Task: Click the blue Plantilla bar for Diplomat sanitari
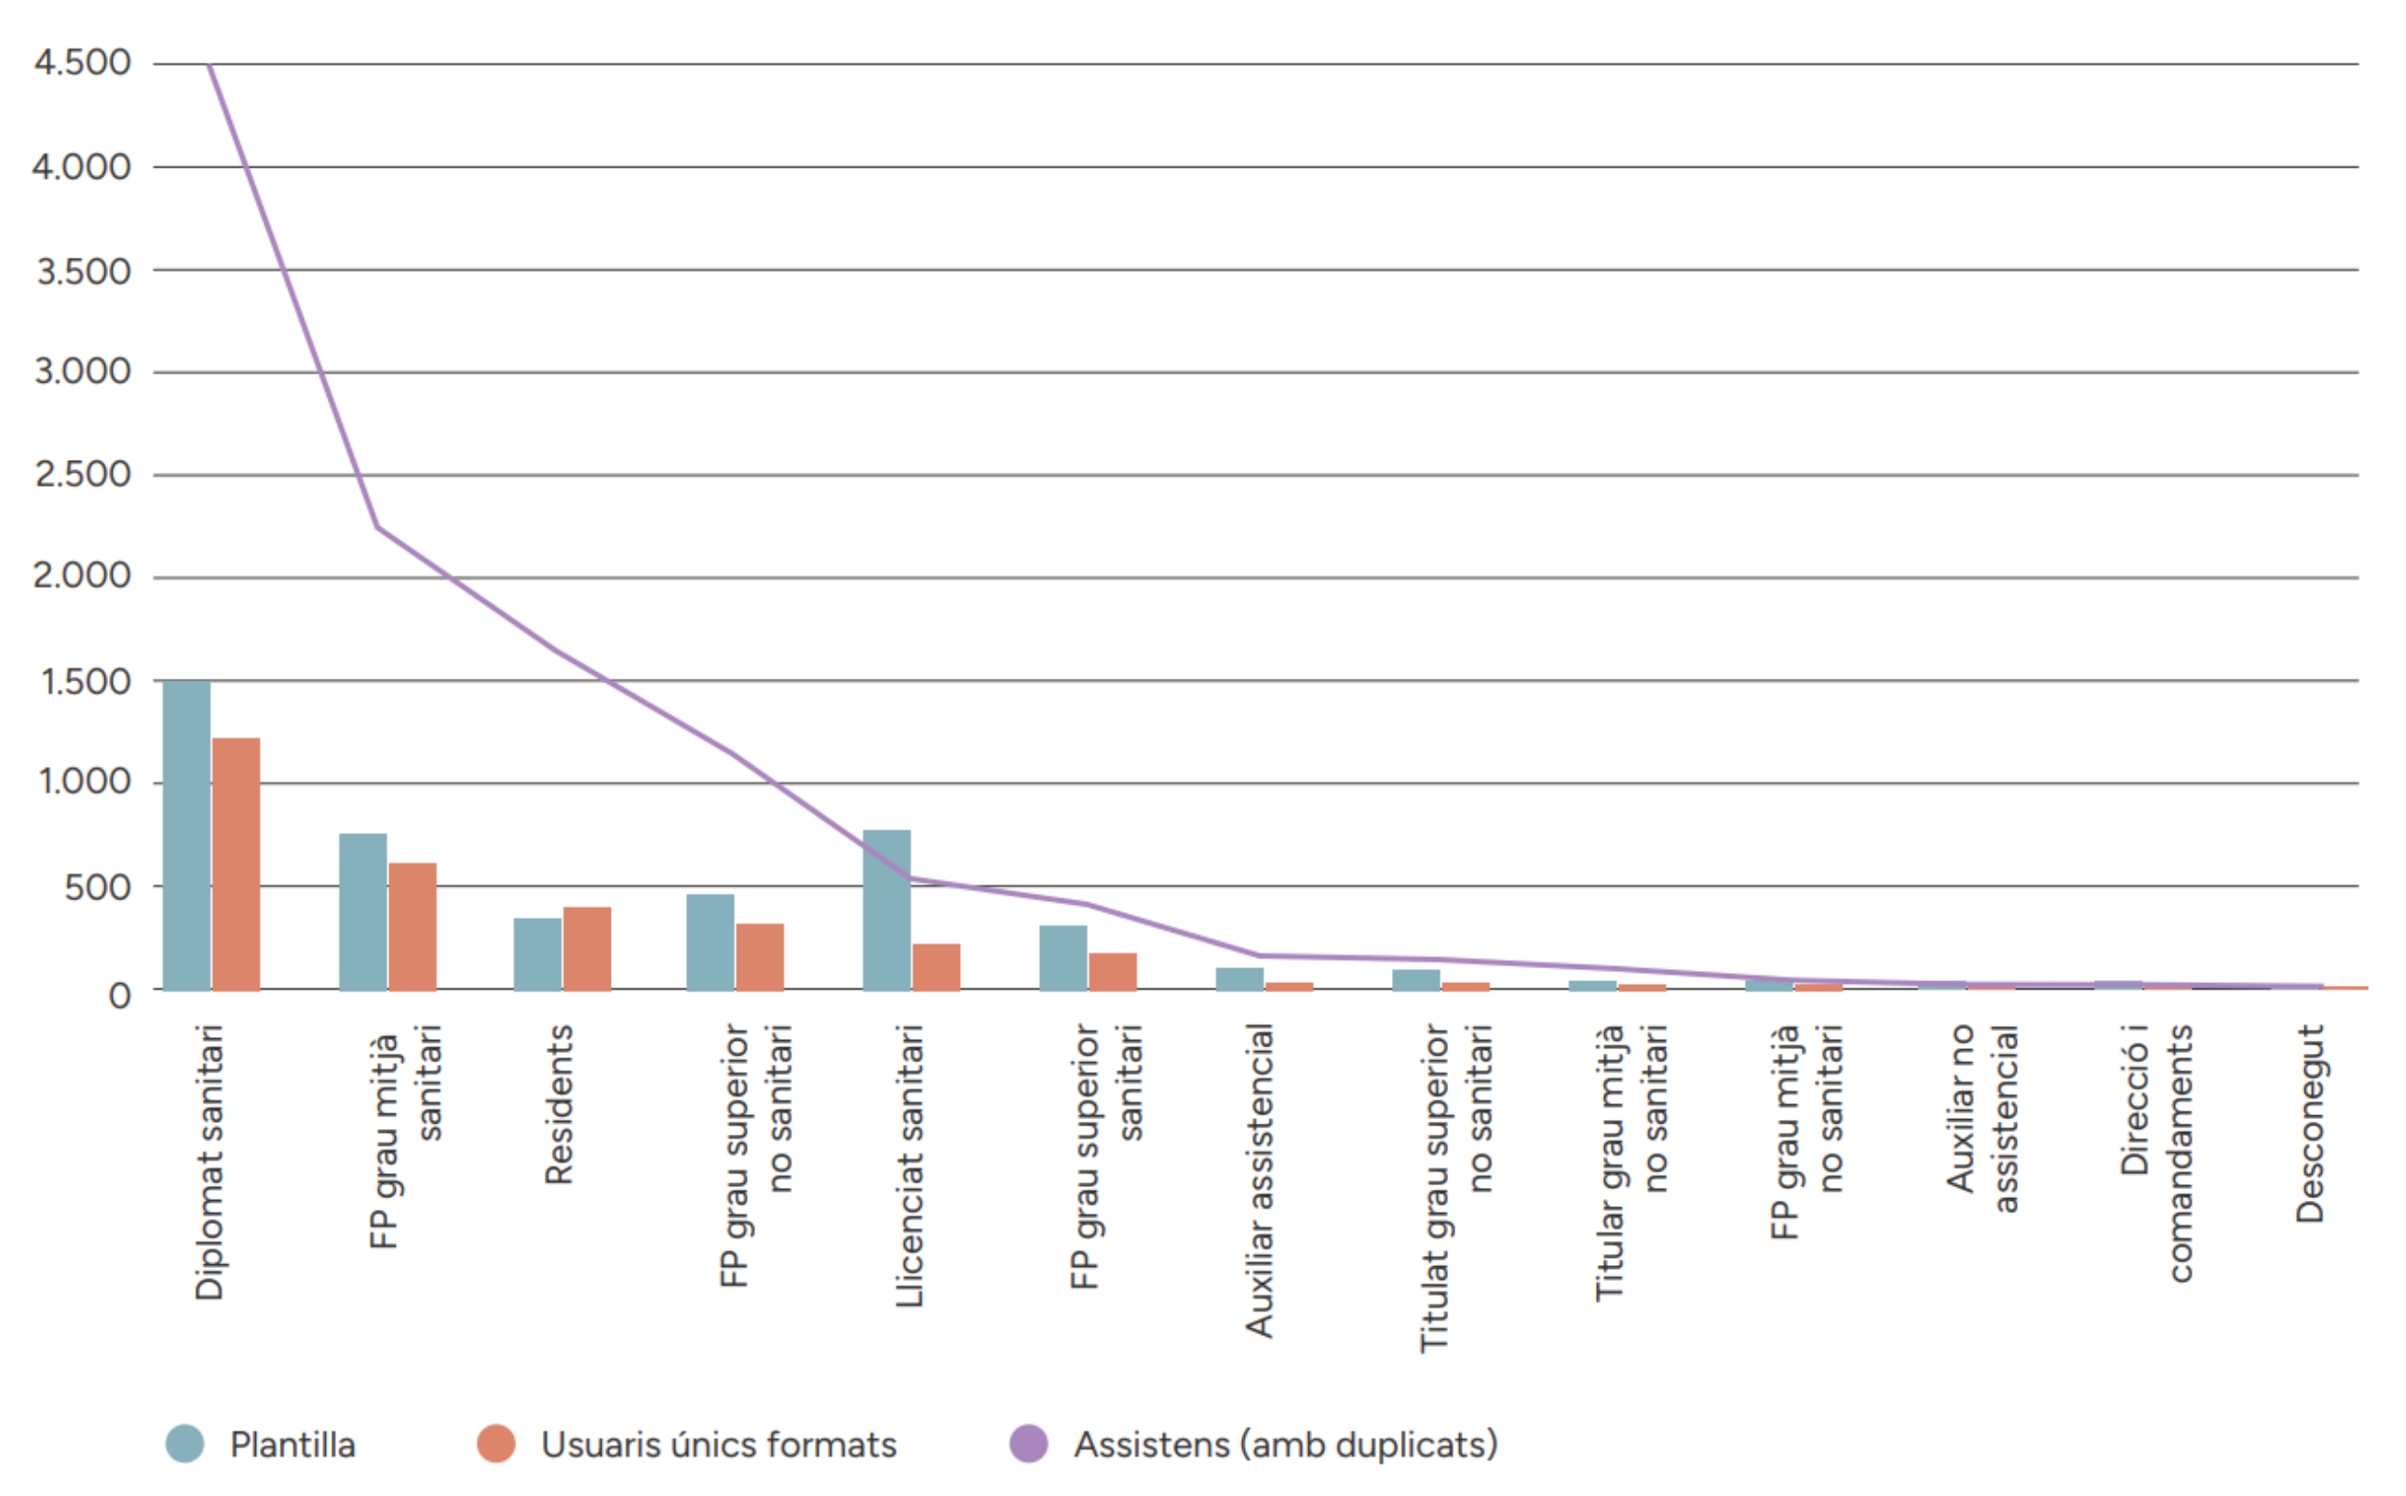pyautogui.click(x=187, y=836)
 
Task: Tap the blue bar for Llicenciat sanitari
pyautogui.click(x=886, y=910)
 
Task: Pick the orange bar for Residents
pyautogui.click(x=587, y=949)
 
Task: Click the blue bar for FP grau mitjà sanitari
pyautogui.click(x=363, y=912)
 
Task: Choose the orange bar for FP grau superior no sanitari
pyautogui.click(x=760, y=957)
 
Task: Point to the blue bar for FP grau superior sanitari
pyautogui.click(x=1062, y=958)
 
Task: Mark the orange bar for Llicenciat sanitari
pyautogui.click(x=936, y=966)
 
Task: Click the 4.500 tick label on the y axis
pyautogui.click(x=82, y=62)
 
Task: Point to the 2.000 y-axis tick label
pyautogui.click(x=82, y=576)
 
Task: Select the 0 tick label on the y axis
pyautogui.click(x=120, y=994)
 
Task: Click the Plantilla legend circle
pyautogui.click(x=185, y=1444)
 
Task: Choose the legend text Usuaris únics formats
pyautogui.click(x=718, y=1445)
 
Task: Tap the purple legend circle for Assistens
pyautogui.click(x=1029, y=1444)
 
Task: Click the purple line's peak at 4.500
pyautogui.click(x=210, y=65)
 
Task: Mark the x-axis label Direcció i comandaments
pyautogui.click(x=2157, y=1152)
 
